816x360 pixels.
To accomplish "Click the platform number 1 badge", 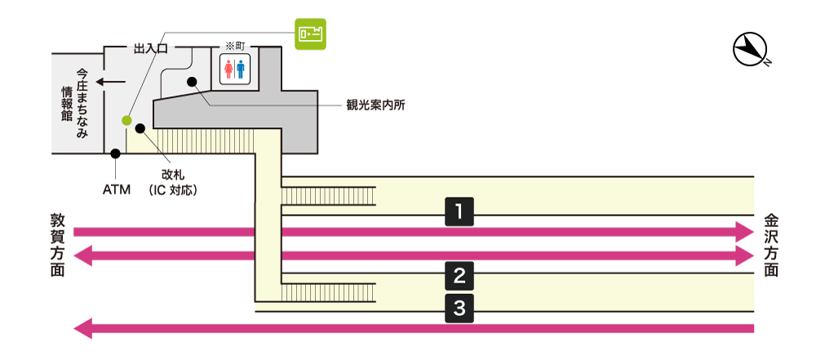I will (x=459, y=212).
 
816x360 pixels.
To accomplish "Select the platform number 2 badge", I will (x=459, y=276).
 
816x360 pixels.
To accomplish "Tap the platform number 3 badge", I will (x=459, y=308).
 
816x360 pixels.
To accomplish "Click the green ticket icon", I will (x=310, y=34).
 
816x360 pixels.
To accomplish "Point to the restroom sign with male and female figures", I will (x=234, y=69).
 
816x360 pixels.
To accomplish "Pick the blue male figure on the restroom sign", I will (x=241, y=69).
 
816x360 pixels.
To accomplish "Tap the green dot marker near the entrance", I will (x=126, y=121).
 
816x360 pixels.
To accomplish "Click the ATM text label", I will (x=117, y=190).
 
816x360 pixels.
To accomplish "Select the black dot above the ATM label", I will (x=116, y=153).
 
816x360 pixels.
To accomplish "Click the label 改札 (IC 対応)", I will (x=174, y=182).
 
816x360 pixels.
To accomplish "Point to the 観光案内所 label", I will (x=375, y=105).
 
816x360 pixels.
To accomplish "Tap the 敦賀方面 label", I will (x=58, y=244).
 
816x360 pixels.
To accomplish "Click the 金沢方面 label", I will (x=770, y=244).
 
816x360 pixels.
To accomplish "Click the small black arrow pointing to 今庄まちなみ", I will (x=110, y=82).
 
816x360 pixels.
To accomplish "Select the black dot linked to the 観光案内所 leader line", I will (x=193, y=82).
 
